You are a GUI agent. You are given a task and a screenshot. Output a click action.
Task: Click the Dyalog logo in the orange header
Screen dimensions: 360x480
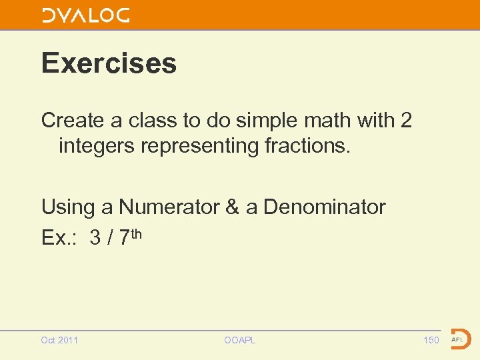click(86, 15)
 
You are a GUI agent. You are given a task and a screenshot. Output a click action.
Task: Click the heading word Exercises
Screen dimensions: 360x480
click(109, 63)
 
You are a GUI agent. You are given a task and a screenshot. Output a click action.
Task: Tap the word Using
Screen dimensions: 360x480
click(68, 207)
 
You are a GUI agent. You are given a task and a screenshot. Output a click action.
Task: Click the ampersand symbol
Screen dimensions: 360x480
click(232, 207)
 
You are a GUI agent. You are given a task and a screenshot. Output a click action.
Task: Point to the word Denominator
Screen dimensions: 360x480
click(324, 207)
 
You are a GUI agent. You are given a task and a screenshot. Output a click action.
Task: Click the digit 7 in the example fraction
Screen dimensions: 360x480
click(125, 238)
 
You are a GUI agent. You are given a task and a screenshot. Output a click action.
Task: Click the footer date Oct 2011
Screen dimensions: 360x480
click(59, 340)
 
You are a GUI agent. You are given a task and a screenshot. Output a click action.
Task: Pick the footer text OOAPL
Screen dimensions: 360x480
click(240, 340)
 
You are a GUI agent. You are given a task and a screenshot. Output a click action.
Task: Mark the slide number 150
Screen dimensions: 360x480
click(431, 340)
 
